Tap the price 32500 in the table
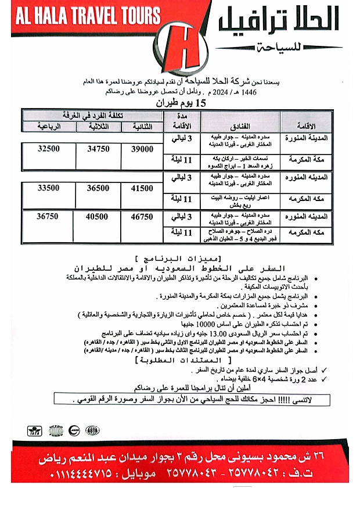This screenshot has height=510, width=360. (49, 149)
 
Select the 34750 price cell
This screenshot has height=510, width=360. (98, 149)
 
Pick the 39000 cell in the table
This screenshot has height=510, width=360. (142, 149)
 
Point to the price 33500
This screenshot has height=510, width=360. (49, 188)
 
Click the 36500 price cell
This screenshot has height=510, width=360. (98, 188)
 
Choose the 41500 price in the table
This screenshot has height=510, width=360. (142, 188)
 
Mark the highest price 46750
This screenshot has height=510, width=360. (142, 217)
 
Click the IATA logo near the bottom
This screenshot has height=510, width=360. (35, 431)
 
